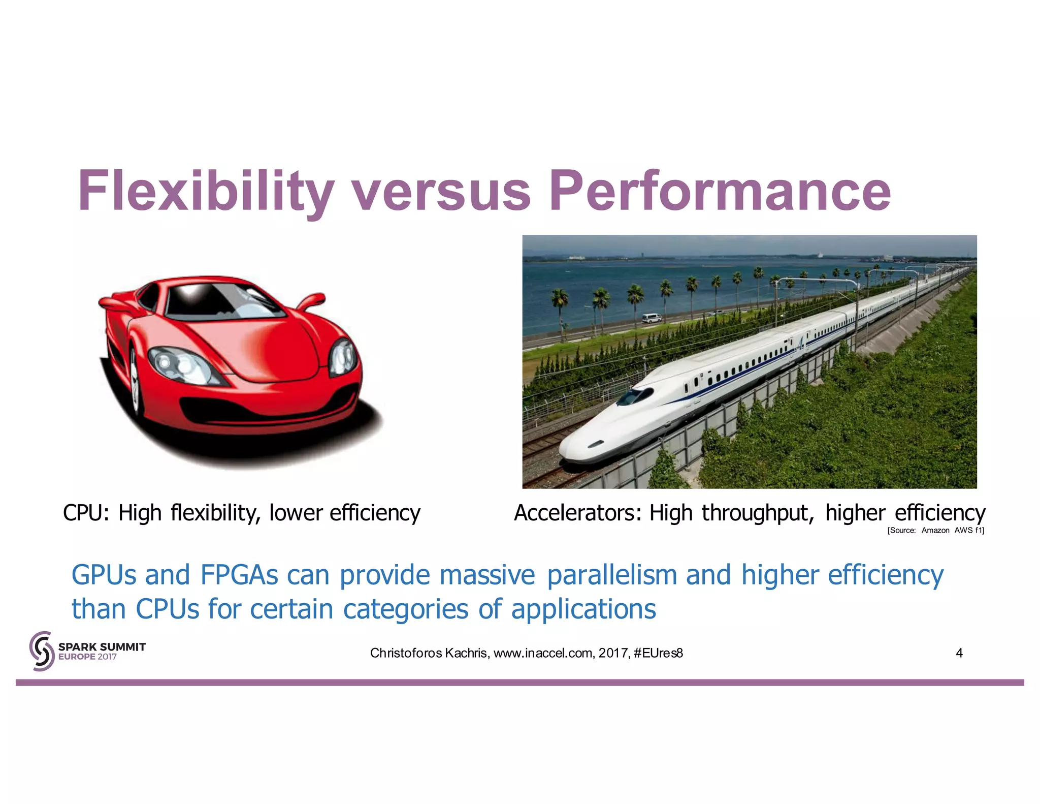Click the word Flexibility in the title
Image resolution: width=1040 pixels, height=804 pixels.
(x=206, y=192)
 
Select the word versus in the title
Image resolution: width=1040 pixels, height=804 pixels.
(x=441, y=192)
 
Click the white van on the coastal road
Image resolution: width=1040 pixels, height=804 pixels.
(x=652, y=318)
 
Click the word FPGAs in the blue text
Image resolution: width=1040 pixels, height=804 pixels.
(x=239, y=575)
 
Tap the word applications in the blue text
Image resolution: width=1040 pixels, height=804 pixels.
(x=583, y=609)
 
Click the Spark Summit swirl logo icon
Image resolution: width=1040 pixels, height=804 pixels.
(x=42, y=651)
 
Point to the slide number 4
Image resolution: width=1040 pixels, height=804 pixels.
(x=959, y=653)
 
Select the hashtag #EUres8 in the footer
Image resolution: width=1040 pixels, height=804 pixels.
(x=658, y=653)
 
